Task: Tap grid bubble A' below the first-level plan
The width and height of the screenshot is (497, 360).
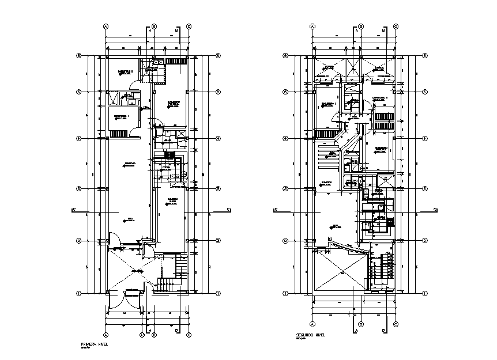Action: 142,334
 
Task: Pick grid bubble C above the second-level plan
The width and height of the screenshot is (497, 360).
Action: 396,26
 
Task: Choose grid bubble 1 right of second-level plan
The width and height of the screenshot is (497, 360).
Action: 424,293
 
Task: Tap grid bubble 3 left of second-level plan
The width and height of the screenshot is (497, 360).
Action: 285,189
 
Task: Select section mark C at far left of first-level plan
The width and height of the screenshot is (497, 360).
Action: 73,210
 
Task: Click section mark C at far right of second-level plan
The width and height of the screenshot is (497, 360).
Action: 434,210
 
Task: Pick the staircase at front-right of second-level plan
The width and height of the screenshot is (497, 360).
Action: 380,271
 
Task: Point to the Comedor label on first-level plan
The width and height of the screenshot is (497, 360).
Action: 129,164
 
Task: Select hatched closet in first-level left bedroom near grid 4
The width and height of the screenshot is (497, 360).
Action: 118,134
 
